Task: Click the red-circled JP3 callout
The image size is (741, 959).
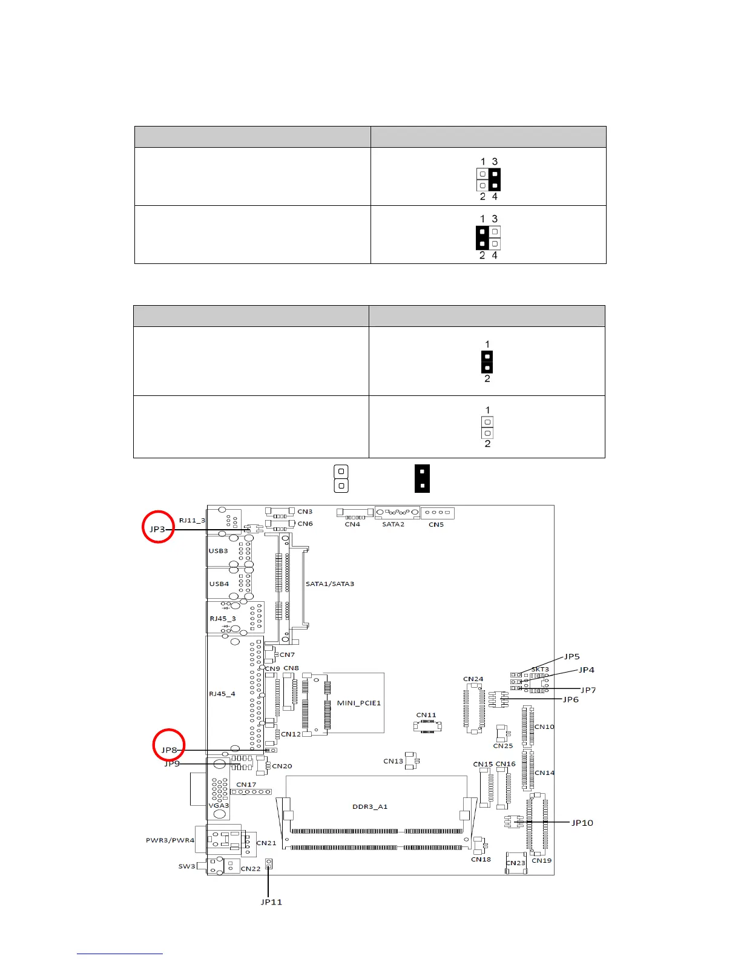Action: pyautogui.click(x=158, y=528)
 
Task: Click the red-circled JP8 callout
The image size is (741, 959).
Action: pyautogui.click(x=169, y=750)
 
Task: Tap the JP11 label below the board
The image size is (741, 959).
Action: pyautogui.click(x=271, y=901)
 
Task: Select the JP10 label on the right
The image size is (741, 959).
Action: pyautogui.click(x=582, y=822)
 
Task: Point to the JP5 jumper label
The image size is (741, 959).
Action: pyautogui.click(x=572, y=656)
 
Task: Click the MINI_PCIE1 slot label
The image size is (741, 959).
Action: pyautogui.click(x=359, y=703)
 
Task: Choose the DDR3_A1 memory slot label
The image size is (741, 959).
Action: pyautogui.click(x=370, y=806)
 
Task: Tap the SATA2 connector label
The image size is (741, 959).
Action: pyautogui.click(x=393, y=524)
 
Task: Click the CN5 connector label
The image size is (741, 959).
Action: pyautogui.click(x=436, y=524)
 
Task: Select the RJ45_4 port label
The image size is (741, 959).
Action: pyautogui.click(x=222, y=694)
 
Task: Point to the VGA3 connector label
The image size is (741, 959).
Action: pyautogui.click(x=219, y=805)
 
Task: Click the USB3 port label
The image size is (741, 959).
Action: pyautogui.click(x=219, y=551)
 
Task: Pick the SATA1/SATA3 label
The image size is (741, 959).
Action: pyautogui.click(x=330, y=584)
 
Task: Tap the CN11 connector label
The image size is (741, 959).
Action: pyautogui.click(x=426, y=715)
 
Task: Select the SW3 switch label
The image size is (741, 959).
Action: pyautogui.click(x=186, y=866)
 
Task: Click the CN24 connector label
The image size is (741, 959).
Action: pyautogui.click(x=473, y=679)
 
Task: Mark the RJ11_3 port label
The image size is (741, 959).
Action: pyautogui.click(x=192, y=520)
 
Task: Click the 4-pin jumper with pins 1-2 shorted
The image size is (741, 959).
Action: pyautogui.click(x=488, y=237)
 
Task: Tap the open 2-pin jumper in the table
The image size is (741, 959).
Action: pyautogui.click(x=487, y=427)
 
